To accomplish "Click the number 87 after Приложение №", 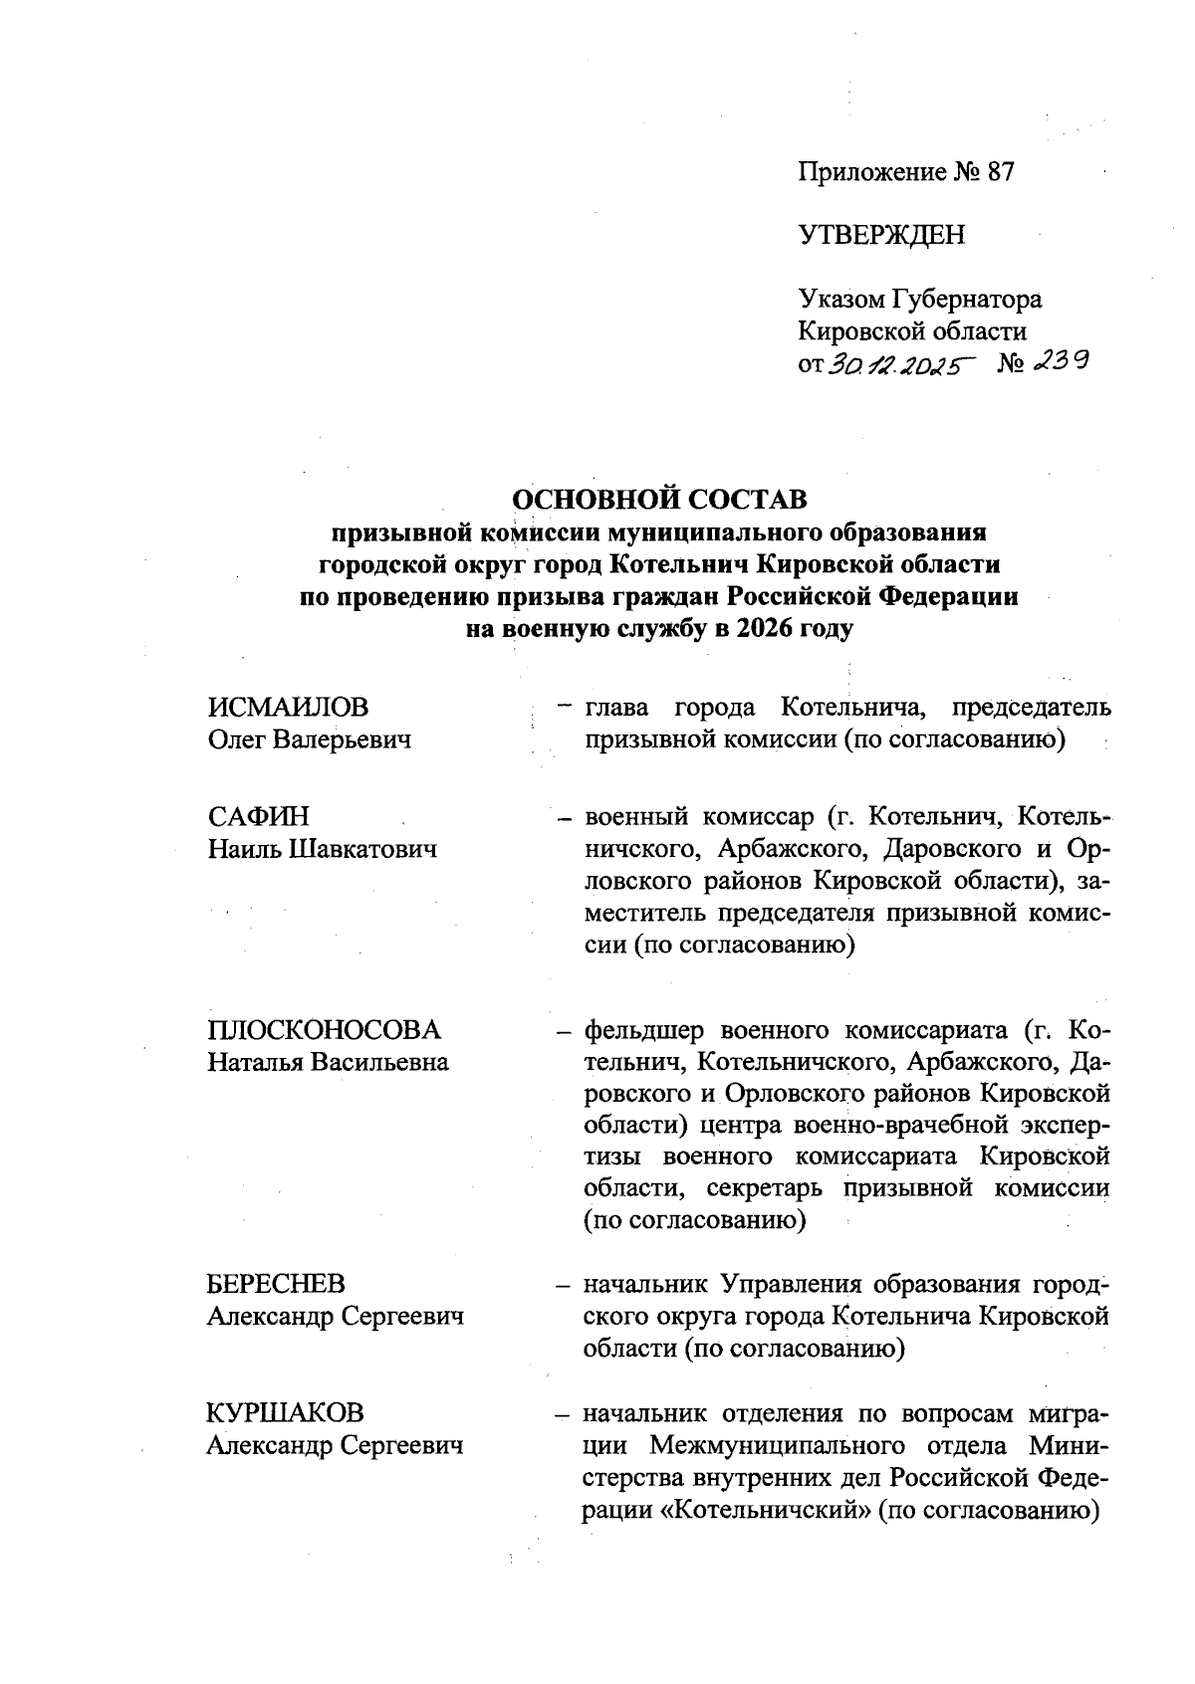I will (1000, 172).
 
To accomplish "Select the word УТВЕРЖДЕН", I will (881, 236).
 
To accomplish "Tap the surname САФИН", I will (259, 816).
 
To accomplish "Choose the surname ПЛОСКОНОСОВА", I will (324, 1029).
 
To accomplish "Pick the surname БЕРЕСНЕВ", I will (277, 1284).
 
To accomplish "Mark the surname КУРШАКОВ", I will (286, 1412).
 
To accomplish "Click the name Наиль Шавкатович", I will (323, 849).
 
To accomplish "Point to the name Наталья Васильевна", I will (328, 1062).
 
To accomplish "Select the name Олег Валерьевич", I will (310, 739).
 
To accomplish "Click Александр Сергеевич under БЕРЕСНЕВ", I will (336, 1317).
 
